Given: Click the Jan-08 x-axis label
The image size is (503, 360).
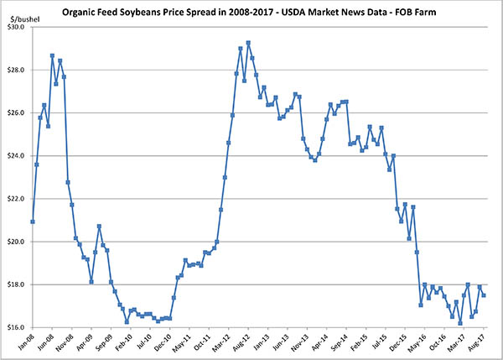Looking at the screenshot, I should point(24,343).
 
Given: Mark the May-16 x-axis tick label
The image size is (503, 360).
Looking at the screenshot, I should point(416,343).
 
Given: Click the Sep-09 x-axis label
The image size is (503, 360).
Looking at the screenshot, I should point(102,343).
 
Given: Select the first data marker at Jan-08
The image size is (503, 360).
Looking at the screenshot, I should point(32,222).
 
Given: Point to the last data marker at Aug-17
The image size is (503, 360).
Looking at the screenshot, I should point(484,295).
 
